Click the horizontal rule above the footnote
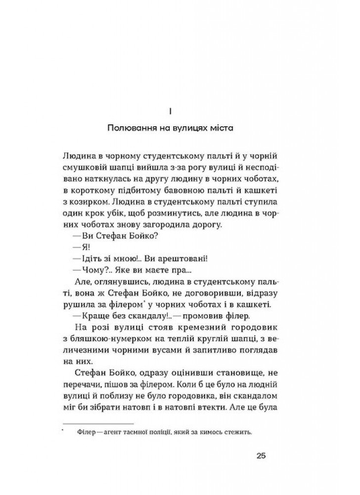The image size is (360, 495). (x=98, y=423)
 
